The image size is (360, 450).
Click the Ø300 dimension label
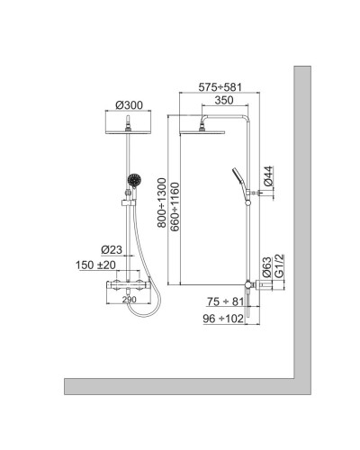point(130,106)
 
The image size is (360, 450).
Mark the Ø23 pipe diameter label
point(112,249)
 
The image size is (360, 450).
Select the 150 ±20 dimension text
point(96,265)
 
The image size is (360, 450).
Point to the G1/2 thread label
point(280,265)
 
